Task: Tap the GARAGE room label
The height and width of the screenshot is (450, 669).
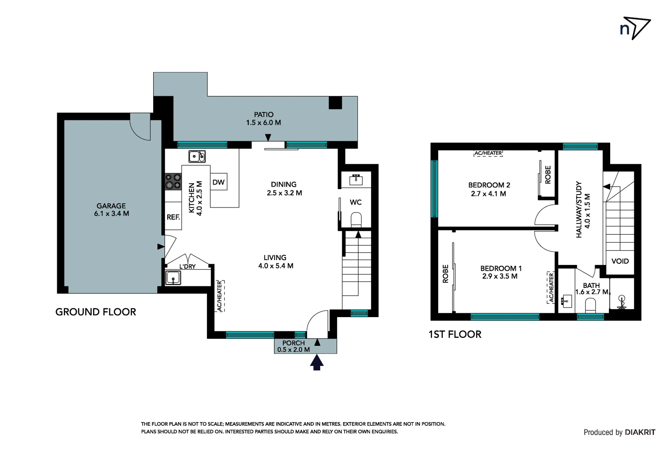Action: (x=111, y=209)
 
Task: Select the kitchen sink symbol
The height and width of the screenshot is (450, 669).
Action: (x=197, y=156)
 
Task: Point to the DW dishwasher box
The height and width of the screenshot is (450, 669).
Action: (x=218, y=182)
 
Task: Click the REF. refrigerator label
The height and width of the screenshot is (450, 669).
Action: (x=173, y=217)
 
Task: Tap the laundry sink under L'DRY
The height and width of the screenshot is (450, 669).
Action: (x=173, y=277)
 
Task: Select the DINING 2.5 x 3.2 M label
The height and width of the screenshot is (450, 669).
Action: (x=284, y=188)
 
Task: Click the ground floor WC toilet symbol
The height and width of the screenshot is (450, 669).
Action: (x=356, y=219)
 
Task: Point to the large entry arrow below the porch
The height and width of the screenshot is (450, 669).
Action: (x=317, y=362)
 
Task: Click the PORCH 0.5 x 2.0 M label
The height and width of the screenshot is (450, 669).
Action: (x=293, y=346)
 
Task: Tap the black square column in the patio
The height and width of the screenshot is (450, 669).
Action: (x=335, y=102)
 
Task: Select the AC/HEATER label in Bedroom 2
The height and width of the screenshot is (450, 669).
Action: (x=488, y=153)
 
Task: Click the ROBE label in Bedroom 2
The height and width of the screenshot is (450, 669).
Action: (x=548, y=175)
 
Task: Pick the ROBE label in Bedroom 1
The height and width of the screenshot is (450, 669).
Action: (x=445, y=274)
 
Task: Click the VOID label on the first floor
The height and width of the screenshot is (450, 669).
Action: (x=620, y=261)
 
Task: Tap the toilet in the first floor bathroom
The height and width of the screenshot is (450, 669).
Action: (x=590, y=305)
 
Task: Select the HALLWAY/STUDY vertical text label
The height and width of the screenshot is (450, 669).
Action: (x=583, y=209)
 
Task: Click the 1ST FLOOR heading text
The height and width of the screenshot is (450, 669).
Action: (x=454, y=334)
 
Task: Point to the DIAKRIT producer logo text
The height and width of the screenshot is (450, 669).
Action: (x=640, y=432)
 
